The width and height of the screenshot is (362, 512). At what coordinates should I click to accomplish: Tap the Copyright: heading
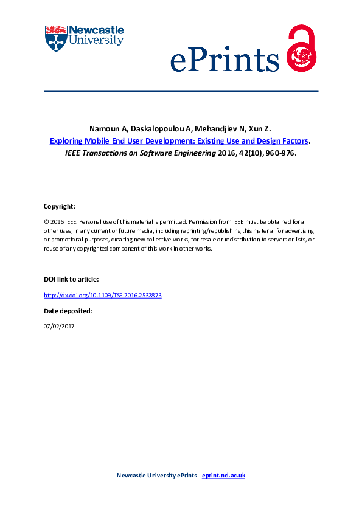click(59, 206)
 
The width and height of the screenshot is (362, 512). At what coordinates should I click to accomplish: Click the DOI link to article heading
click(71, 278)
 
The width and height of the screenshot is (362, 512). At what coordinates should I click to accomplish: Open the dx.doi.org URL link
click(103, 295)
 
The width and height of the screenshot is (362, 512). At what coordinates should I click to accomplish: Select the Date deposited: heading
click(68, 310)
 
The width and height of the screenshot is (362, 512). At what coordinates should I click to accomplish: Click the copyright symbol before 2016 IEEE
click(46, 222)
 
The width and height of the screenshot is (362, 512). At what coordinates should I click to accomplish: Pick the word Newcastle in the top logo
click(97, 30)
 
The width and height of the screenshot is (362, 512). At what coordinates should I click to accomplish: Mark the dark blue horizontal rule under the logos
click(181, 91)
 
